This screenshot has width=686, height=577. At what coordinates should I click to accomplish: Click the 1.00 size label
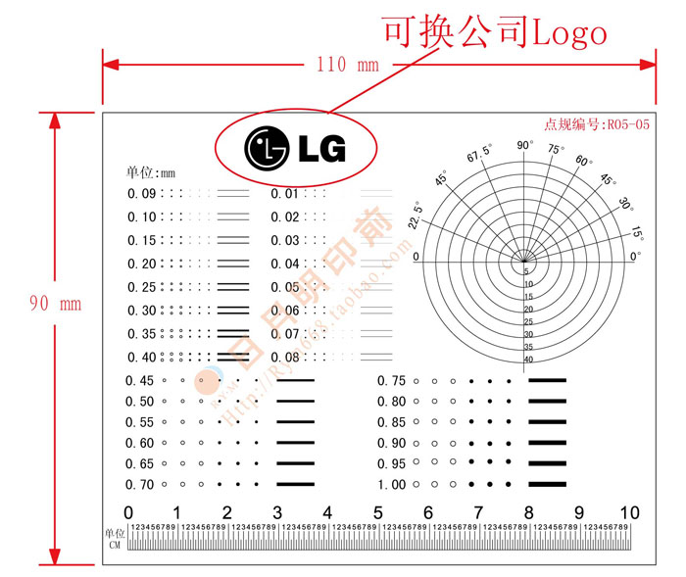pyautogui.click(x=391, y=485)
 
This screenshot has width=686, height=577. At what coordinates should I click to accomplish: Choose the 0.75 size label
pyautogui.click(x=391, y=381)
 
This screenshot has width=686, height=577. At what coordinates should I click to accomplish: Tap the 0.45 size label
pyautogui.click(x=140, y=381)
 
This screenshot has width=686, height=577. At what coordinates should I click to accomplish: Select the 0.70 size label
pyautogui.click(x=140, y=484)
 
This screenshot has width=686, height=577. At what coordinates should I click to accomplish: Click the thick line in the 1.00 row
pyautogui.click(x=548, y=485)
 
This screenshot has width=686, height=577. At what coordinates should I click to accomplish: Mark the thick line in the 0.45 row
pyautogui.click(x=295, y=380)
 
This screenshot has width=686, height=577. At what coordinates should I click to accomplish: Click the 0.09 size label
pyautogui.click(x=141, y=194)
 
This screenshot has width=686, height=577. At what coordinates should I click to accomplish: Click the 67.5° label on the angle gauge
pyautogui.click(x=479, y=157)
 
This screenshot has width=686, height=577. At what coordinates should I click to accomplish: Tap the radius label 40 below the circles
pyautogui.click(x=528, y=360)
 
